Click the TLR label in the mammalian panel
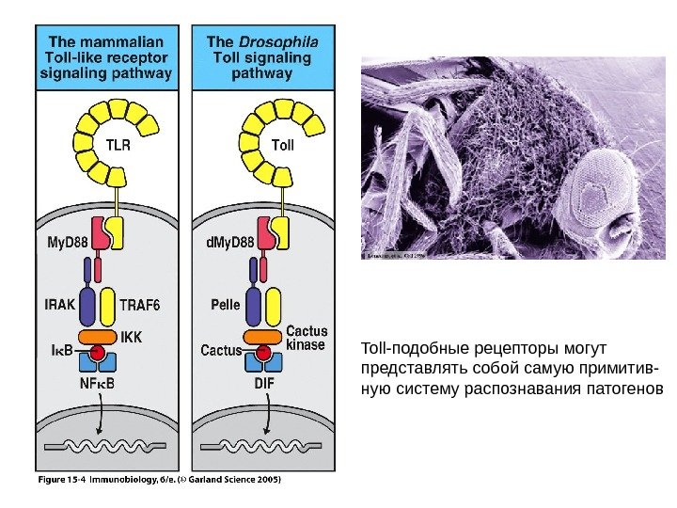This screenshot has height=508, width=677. coord(118,146)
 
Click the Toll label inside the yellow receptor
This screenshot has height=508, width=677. coord(282,146)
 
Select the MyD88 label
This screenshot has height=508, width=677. coord(67,243)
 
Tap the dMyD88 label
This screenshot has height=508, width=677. coord(229,243)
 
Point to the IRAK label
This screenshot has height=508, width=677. coord(60,304)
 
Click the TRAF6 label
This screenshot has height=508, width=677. coord(141,305)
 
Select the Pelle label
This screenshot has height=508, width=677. coord(226,305)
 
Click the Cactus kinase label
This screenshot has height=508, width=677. coord(306,338)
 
